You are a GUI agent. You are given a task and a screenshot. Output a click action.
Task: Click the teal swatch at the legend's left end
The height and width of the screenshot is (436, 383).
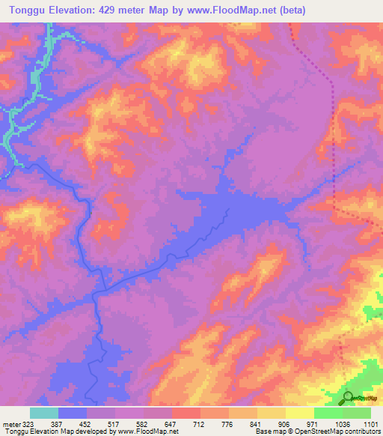pos(44,412)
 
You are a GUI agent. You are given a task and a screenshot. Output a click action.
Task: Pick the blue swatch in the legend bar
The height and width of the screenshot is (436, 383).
pos(73,412)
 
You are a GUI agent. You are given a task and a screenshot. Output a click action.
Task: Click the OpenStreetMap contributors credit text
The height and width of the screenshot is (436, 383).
pos(337,432)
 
